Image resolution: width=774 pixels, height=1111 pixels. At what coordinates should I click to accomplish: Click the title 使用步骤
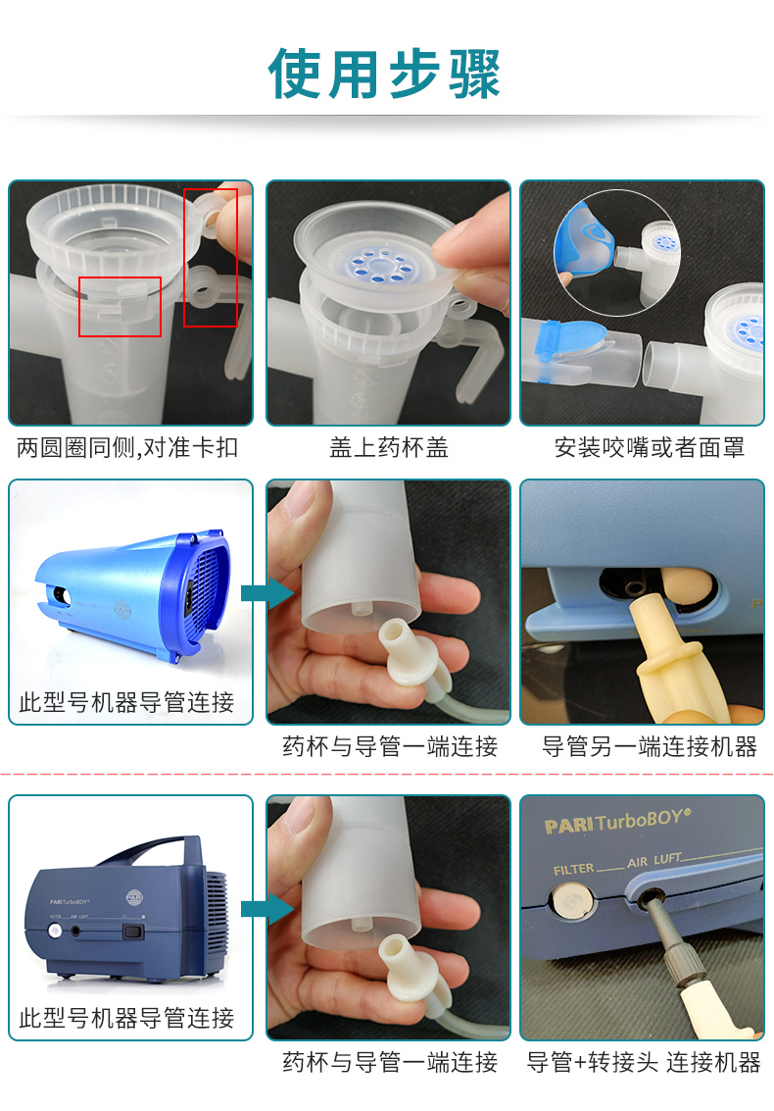(x=384, y=73)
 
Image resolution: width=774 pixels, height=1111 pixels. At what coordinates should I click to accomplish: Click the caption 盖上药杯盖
(x=389, y=448)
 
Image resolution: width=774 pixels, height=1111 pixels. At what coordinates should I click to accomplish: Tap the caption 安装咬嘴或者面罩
(x=650, y=448)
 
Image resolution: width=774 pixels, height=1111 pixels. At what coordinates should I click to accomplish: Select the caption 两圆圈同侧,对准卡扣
(x=127, y=448)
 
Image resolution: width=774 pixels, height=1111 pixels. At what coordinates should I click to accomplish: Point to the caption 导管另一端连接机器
(x=650, y=747)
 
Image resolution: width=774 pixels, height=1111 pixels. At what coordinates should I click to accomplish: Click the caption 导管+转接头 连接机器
(x=644, y=1062)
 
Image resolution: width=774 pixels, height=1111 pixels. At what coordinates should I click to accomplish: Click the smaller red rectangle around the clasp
(x=120, y=307)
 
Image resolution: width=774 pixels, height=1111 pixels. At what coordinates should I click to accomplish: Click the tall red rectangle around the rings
(x=211, y=258)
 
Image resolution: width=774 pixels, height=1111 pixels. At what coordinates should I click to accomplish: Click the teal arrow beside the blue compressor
(x=266, y=593)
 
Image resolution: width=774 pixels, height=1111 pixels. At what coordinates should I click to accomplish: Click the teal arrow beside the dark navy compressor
(x=266, y=909)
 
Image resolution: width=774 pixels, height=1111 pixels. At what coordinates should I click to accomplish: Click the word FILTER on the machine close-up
(x=573, y=869)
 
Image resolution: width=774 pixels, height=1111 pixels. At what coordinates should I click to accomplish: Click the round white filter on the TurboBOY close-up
(x=571, y=903)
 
